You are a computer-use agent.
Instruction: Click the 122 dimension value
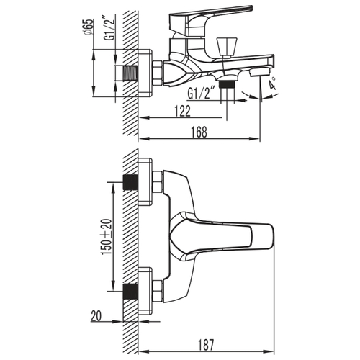click(x=183, y=111)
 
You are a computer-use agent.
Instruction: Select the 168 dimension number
click(x=199, y=132)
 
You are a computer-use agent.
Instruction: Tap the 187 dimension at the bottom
click(x=206, y=345)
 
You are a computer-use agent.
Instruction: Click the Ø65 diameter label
click(x=88, y=27)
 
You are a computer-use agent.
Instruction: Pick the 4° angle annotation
click(x=272, y=83)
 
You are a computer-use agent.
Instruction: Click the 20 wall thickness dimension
click(x=96, y=316)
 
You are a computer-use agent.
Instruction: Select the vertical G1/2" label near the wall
click(x=109, y=28)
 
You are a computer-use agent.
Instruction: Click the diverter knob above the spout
click(x=227, y=47)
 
